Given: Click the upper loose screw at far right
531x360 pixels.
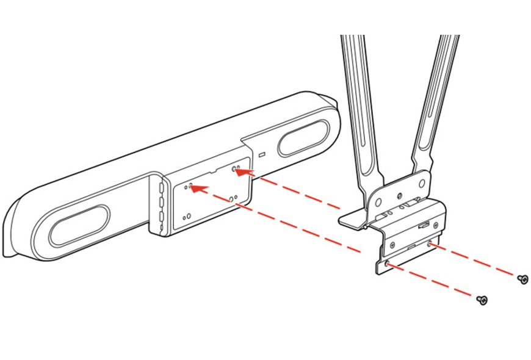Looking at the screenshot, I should (x=522, y=279).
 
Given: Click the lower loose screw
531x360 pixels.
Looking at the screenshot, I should (x=482, y=300).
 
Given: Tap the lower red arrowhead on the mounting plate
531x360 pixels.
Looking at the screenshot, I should (x=195, y=189).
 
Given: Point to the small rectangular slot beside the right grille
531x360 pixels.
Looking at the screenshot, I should (x=262, y=154).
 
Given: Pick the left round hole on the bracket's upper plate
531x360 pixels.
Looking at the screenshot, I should (x=378, y=201).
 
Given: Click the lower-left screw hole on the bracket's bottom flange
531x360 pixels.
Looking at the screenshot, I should (x=389, y=264).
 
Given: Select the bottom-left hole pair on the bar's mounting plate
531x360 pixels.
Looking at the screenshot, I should (x=187, y=215).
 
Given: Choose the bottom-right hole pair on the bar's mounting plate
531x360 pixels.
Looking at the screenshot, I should (x=231, y=198).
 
